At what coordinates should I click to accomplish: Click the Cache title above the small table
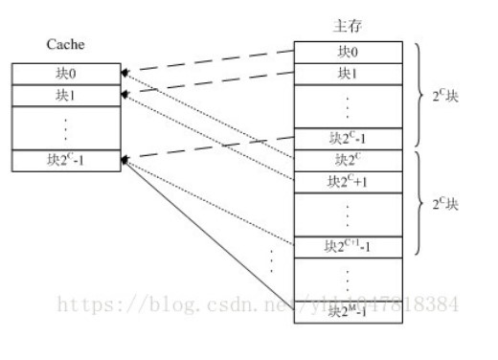coord(65,46)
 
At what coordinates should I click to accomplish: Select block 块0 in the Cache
coord(66,73)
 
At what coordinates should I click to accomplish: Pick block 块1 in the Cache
coord(66,95)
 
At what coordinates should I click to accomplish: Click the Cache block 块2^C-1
coord(66,160)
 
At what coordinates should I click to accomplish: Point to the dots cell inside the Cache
coord(66,127)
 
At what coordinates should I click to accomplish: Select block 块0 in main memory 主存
coord(349,51)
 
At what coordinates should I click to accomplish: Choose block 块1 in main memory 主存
coord(349,74)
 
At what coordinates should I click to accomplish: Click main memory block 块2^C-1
coord(349,138)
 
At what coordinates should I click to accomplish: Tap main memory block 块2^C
coord(349,159)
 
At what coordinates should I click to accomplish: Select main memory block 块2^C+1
coord(349,181)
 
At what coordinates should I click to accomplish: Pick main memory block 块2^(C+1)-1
coord(349,246)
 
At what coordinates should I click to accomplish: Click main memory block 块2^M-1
coord(349,311)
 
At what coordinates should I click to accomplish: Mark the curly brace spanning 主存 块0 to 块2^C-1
coord(417,95)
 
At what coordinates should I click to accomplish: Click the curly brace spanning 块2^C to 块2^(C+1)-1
coord(417,202)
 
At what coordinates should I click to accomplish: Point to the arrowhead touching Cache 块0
coord(124,73)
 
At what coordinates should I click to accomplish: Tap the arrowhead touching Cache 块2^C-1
coord(124,160)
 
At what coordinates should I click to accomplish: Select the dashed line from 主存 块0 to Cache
coord(211,61)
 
